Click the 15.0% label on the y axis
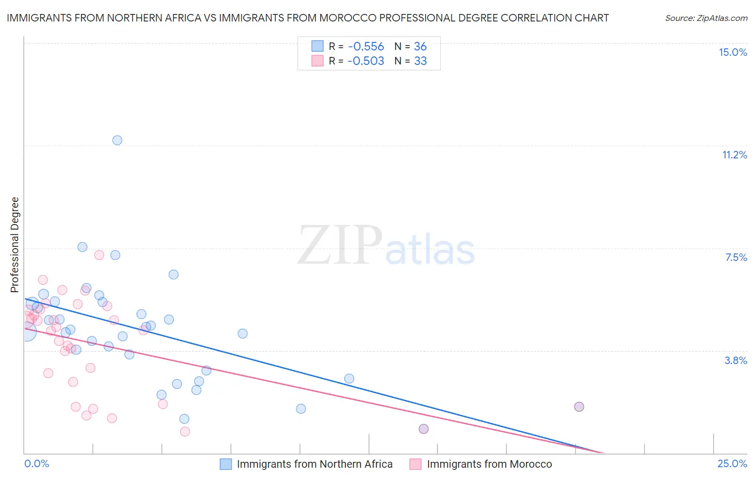point(733,52)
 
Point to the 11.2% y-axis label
point(734,155)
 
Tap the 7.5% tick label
point(736,257)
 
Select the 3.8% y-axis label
point(736,360)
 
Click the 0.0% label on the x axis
point(36,464)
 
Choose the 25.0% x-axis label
point(732,464)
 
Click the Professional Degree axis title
point(14,245)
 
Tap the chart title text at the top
point(308,18)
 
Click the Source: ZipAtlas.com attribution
point(706,18)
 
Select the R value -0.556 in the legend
point(366,46)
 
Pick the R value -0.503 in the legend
point(366,61)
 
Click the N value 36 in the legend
point(420,46)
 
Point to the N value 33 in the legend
point(420,61)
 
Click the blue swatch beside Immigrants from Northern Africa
point(226,464)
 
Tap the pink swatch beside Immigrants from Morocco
point(416,464)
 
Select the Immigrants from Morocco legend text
point(489,464)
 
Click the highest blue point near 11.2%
point(117,140)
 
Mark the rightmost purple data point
point(579,407)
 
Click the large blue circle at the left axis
point(26,332)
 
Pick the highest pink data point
point(99,255)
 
